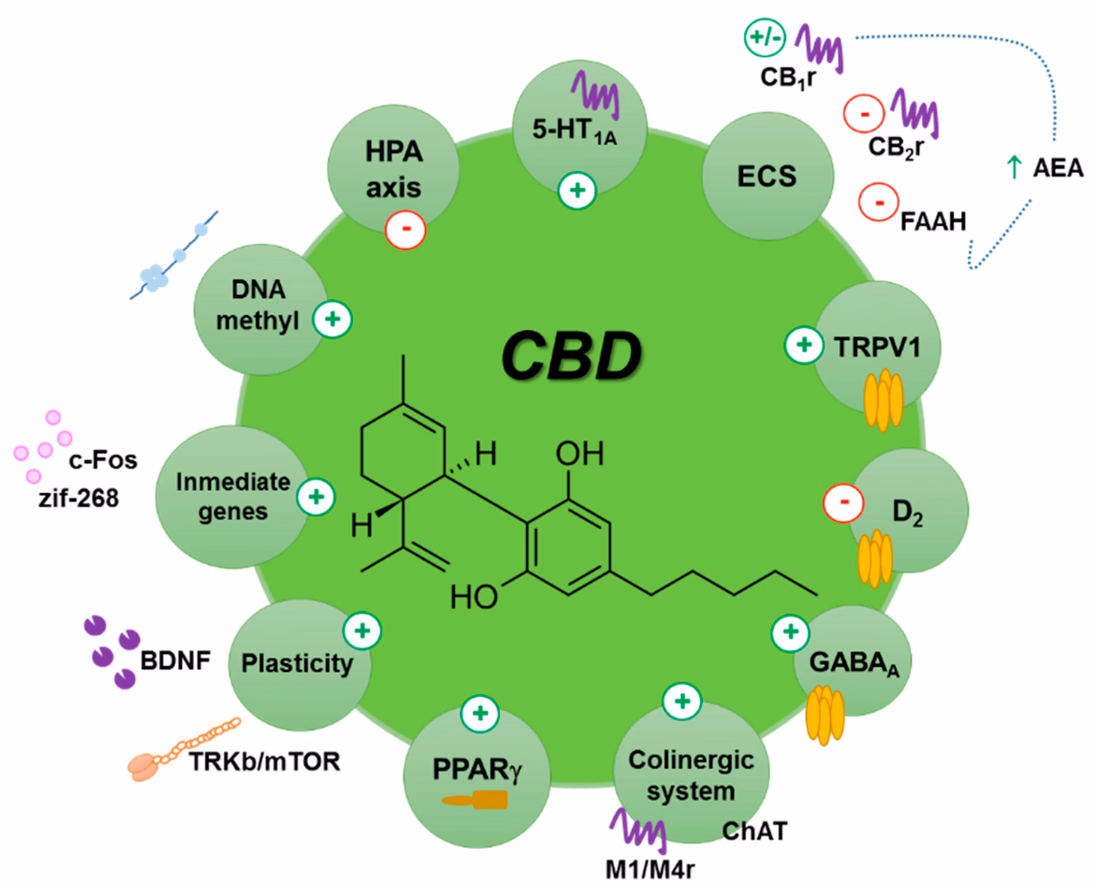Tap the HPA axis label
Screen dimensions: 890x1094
coord(394,170)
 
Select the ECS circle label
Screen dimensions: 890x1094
coord(767,176)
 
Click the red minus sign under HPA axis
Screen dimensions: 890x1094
coord(406,229)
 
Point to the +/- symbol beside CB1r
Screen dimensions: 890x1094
coord(765,38)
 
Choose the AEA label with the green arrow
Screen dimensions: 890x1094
coord(1046,168)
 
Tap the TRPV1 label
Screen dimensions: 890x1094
coord(877,347)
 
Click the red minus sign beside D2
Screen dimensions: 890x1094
coord(844,502)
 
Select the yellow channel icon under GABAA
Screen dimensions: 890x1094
coord(824,715)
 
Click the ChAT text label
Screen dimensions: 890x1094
coord(755,831)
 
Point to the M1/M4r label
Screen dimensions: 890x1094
coord(650,869)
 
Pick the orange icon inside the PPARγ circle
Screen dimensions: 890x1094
coord(475,800)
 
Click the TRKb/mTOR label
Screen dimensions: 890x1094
coord(264,761)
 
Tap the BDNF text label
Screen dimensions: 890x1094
coord(175,661)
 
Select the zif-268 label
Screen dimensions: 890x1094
coord(79,498)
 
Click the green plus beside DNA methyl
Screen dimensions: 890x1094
coord(333,319)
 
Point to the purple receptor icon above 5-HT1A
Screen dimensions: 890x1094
coord(595,95)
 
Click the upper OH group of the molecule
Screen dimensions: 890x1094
coord(579,454)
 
